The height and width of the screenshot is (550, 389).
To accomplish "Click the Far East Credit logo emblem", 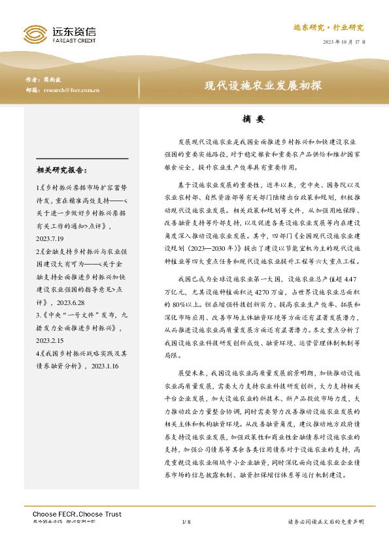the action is (33, 33).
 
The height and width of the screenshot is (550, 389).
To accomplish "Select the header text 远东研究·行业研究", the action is (329, 27).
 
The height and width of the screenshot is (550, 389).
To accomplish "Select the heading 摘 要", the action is (252, 120).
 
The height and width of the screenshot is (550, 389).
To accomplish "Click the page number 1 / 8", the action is (186, 523).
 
